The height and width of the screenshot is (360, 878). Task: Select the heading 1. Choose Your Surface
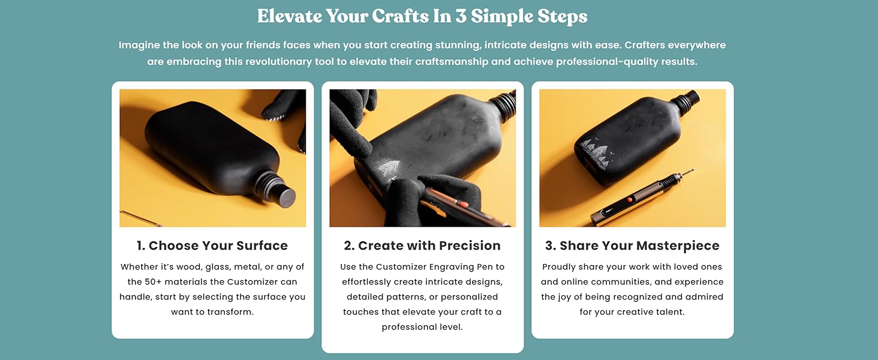tap(212, 245)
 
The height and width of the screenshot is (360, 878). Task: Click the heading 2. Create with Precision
tap(422, 245)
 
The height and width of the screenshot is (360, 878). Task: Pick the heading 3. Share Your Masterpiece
tap(632, 245)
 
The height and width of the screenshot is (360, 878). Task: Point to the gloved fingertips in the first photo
tap(282, 108)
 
